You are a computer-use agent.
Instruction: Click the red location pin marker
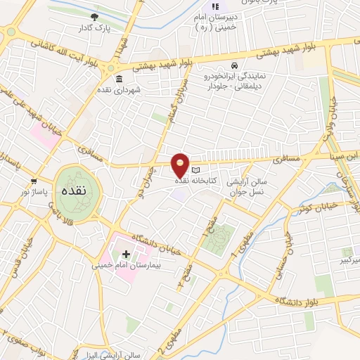tap(181, 165)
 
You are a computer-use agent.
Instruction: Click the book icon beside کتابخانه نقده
tap(196, 170)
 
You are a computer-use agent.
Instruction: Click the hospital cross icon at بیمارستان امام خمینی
tap(127, 253)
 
